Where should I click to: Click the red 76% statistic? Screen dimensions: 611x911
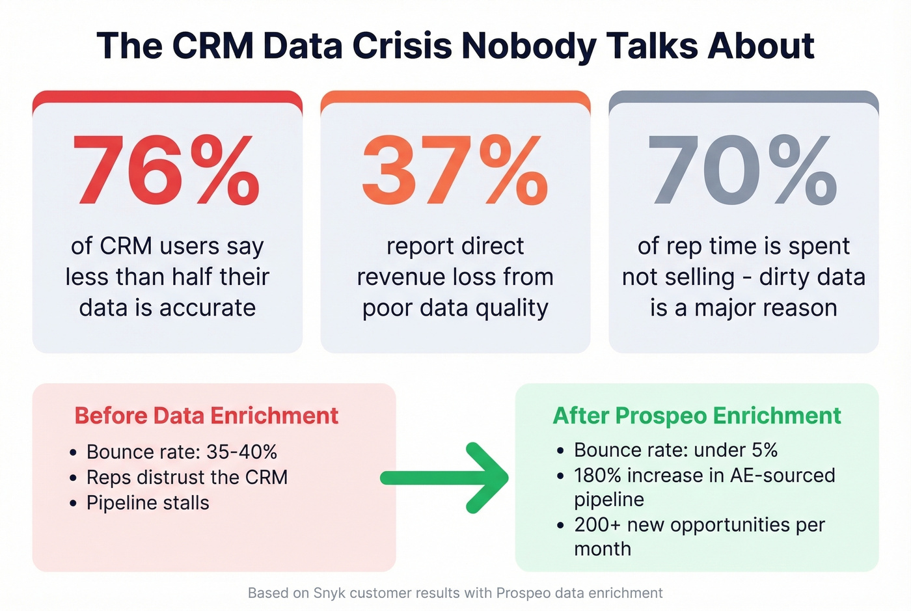pyautogui.click(x=167, y=170)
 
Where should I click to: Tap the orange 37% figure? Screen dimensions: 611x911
pyautogui.click(x=455, y=170)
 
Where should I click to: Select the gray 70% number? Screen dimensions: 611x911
pyautogui.click(x=742, y=170)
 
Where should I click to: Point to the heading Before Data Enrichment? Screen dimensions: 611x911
pyautogui.click(x=206, y=416)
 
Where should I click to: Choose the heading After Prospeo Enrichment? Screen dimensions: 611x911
pyautogui.click(x=697, y=416)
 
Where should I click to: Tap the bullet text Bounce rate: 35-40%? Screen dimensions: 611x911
pyautogui.click(x=182, y=452)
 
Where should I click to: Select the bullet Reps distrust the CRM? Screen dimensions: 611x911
pyautogui.click(x=187, y=477)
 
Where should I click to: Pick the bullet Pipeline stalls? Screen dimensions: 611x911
pyautogui.click(x=148, y=502)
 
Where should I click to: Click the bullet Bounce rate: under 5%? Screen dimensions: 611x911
pyautogui.click(x=675, y=450)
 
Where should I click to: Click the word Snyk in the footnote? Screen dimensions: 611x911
pyautogui.click(x=329, y=593)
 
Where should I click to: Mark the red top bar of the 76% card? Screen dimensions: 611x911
pyautogui.click(x=167, y=96)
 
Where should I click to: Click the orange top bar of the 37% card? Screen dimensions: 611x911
pyautogui.click(x=455, y=96)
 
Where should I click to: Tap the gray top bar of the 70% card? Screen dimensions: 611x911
pyautogui.click(x=743, y=96)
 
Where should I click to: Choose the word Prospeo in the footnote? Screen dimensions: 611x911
pyautogui.click(x=522, y=593)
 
